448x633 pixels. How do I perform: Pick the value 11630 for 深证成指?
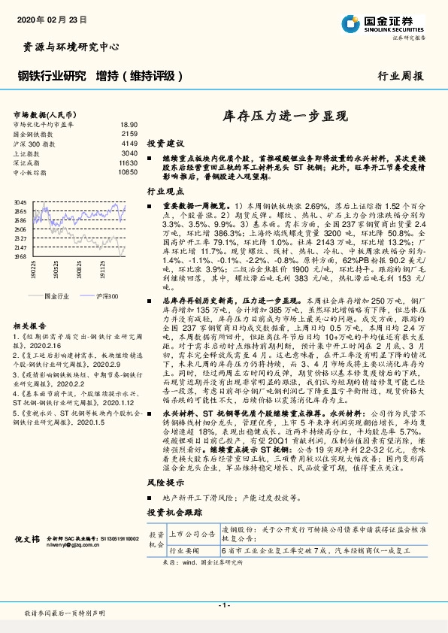point(129,162)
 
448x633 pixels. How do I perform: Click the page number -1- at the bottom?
point(223,604)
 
